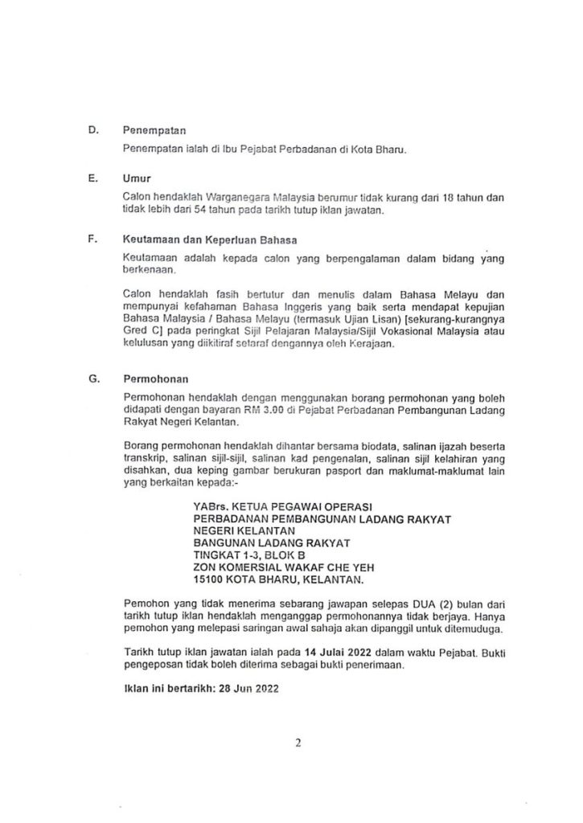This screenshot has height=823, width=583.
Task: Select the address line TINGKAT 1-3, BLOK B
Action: pyautogui.click(x=249, y=555)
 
